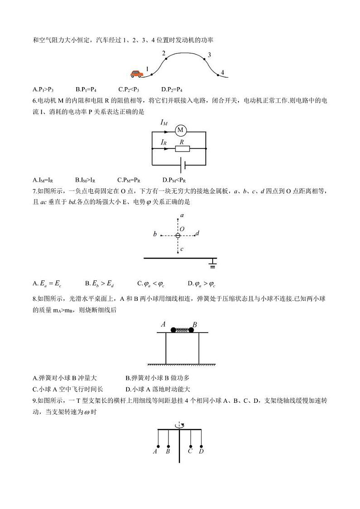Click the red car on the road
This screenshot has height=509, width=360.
136,73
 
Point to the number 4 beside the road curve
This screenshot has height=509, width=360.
223,72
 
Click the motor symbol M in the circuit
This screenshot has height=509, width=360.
180,131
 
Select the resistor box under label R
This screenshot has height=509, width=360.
182,148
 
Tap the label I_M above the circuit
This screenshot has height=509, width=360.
164,122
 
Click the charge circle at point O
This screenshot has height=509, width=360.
178,235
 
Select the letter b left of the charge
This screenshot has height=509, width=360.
155,235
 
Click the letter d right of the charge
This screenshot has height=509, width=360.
198,233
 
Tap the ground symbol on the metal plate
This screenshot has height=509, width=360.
212,264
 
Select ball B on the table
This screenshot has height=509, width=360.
191,330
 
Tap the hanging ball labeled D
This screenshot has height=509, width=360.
201,445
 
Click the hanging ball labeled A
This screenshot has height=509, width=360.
158,445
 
